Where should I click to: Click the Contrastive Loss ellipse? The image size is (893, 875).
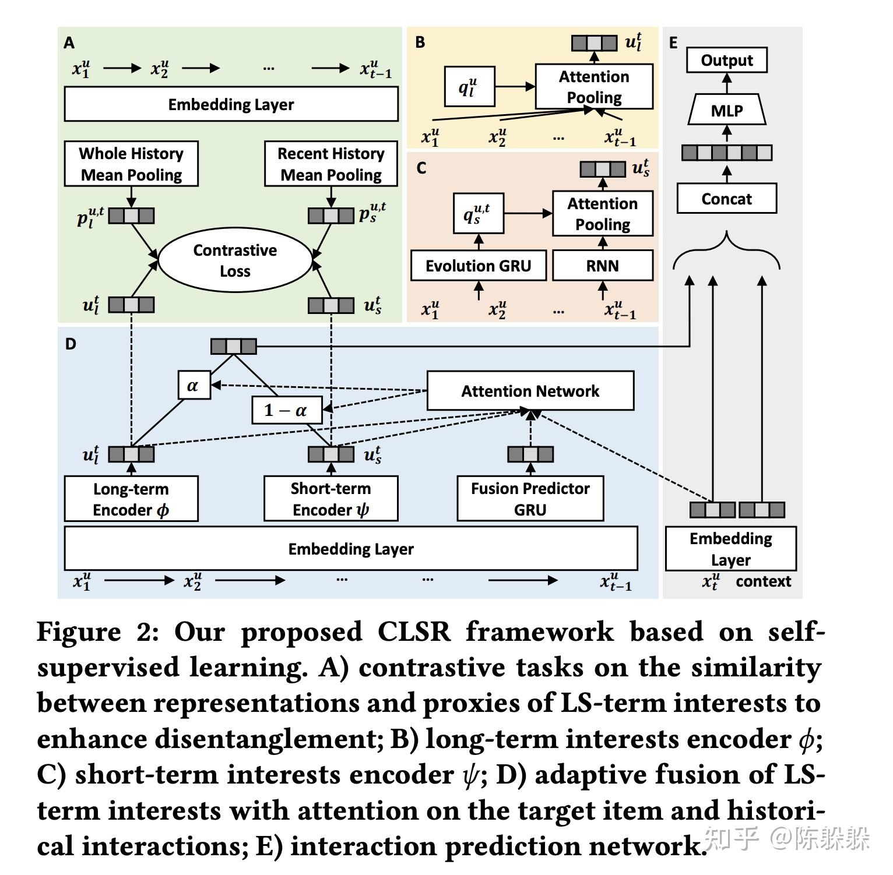tap(235, 260)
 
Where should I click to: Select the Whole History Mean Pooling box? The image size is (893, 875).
tap(131, 164)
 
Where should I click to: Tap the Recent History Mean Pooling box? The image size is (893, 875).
tap(331, 164)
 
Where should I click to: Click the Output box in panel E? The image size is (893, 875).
tap(726, 60)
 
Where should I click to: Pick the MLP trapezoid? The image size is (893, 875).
tap(726, 110)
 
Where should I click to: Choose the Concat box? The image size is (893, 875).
tap(726, 199)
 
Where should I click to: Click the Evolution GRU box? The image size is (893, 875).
tap(478, 266)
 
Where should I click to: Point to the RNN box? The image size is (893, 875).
tap(602, 266)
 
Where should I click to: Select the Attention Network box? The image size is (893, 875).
tap(530, 391)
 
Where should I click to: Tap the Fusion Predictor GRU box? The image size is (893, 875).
tap(530, 499)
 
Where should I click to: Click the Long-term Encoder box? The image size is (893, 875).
tap(131, 499)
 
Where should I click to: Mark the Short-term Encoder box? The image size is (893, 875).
tap(331, 499)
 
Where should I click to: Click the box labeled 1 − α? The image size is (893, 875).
tap(286, 410)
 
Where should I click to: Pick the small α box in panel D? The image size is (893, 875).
tap(194, 385)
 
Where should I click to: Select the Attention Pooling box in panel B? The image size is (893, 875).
tap(594, 87)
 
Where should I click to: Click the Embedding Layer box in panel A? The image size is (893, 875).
tap(231, 104)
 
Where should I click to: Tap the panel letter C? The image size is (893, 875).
tap(421, 168)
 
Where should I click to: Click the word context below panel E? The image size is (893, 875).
tap(763, 581)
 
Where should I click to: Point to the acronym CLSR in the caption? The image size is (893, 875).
tap(414, 632)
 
